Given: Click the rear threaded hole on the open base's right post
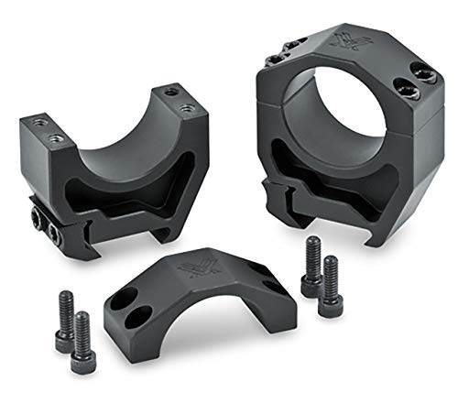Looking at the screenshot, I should pos(167,92).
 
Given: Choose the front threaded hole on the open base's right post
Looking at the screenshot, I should pos(188,108).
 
